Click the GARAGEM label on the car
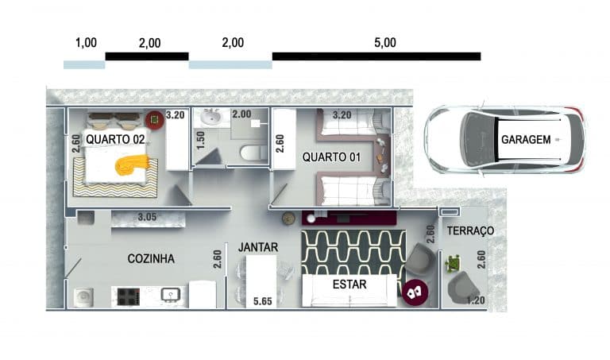click(526, 139)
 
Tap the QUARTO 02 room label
click(115, 139)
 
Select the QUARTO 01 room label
click(331, 157)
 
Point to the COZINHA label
click(151, 258)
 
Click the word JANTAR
click(258, 247)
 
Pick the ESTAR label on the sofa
click(349, 285)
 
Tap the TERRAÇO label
click(470, 230)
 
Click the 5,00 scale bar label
click(385, 42)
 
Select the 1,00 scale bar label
click(86, 42)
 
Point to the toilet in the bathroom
click(253, 153)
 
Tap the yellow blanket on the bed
click(133, 165)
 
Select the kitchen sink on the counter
click(171, 296)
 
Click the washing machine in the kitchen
click(83, 297)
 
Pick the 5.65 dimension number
click(263, 301)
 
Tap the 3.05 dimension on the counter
click(147, 217)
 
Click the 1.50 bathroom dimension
click(200, 141)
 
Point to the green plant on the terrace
click(453, 264)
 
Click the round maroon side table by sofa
click(415, 292)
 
